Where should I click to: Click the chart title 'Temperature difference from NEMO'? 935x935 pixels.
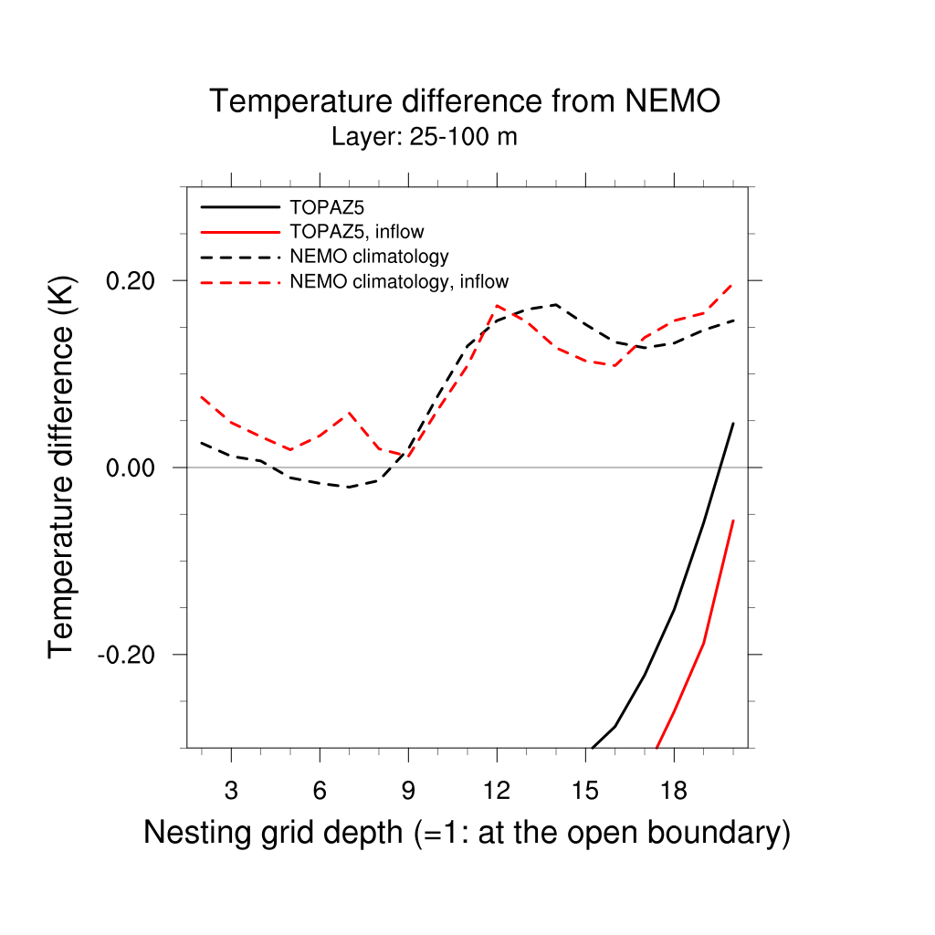tap(465, 101)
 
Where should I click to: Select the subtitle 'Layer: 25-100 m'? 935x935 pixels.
tap(425, 138)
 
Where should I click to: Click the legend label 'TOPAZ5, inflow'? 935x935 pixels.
tap(356, 232)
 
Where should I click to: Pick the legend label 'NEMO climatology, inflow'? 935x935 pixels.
tap(399, 281)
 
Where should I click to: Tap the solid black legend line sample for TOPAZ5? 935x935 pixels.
tap(239, 207)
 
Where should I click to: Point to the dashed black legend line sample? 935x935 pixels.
tap(239, 257)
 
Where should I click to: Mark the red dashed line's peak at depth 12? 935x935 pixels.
tap(497, 305)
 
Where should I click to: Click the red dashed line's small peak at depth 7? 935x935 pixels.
tap(349, 413)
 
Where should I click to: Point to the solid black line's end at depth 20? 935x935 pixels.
tap(733, 423)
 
